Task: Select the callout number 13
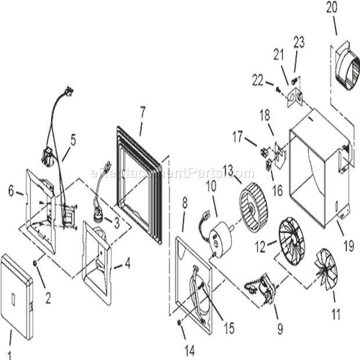click(x=228, y=170)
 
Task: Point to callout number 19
click(x=348, y=245)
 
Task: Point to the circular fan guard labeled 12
click(x=291, y=237)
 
